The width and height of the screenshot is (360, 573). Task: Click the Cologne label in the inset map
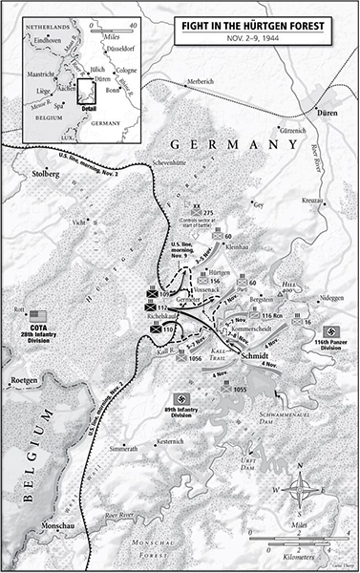click(x=130, y=71)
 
